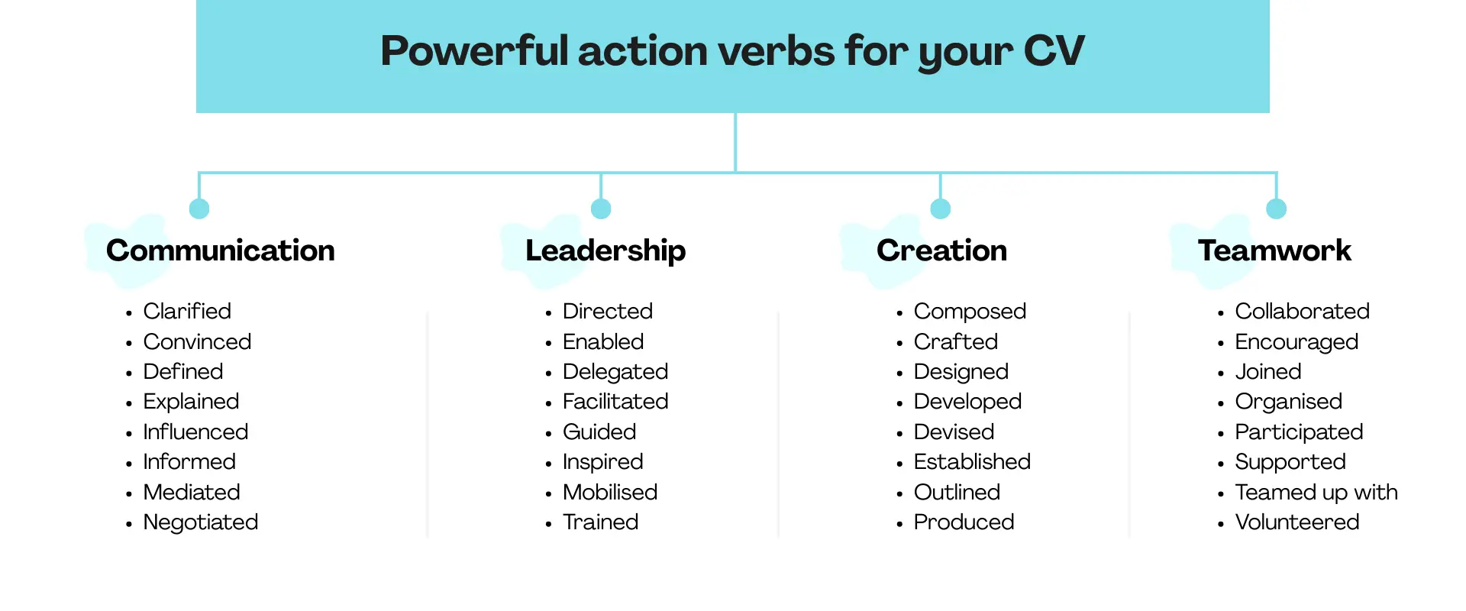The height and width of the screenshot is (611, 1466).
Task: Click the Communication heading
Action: click(220, 251)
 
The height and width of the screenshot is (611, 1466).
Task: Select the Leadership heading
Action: click(605, 251)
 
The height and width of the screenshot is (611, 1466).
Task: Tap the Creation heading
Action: click(941, 251)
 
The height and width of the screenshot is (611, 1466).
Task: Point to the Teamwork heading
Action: click(1274, 251)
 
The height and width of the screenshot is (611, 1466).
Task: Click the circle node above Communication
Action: click(199, 209)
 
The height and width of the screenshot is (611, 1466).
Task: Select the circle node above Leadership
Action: click(601, 209)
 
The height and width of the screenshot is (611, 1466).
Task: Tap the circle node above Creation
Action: click(940, 209)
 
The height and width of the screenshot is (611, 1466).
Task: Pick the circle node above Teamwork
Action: click(1276, 209)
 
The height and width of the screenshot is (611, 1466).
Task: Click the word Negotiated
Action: click(201, 522)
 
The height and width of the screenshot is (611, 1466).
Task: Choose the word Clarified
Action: click(187, 312)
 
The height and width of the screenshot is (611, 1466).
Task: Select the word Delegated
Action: click(615, 372)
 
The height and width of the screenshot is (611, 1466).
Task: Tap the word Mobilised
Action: click(610, 493)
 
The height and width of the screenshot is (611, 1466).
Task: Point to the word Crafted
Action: click(956, 342)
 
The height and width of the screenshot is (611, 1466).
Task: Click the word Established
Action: click(972, 462)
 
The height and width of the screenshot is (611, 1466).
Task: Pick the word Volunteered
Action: click(1297, 522)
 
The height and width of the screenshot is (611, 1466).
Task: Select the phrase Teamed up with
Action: click(1316, 493)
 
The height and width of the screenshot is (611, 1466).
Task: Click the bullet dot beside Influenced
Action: click(129, 434)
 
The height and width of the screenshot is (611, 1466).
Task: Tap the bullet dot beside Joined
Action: click(1221, 373)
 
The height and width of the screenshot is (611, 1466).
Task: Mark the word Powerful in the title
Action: click(474, 51)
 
